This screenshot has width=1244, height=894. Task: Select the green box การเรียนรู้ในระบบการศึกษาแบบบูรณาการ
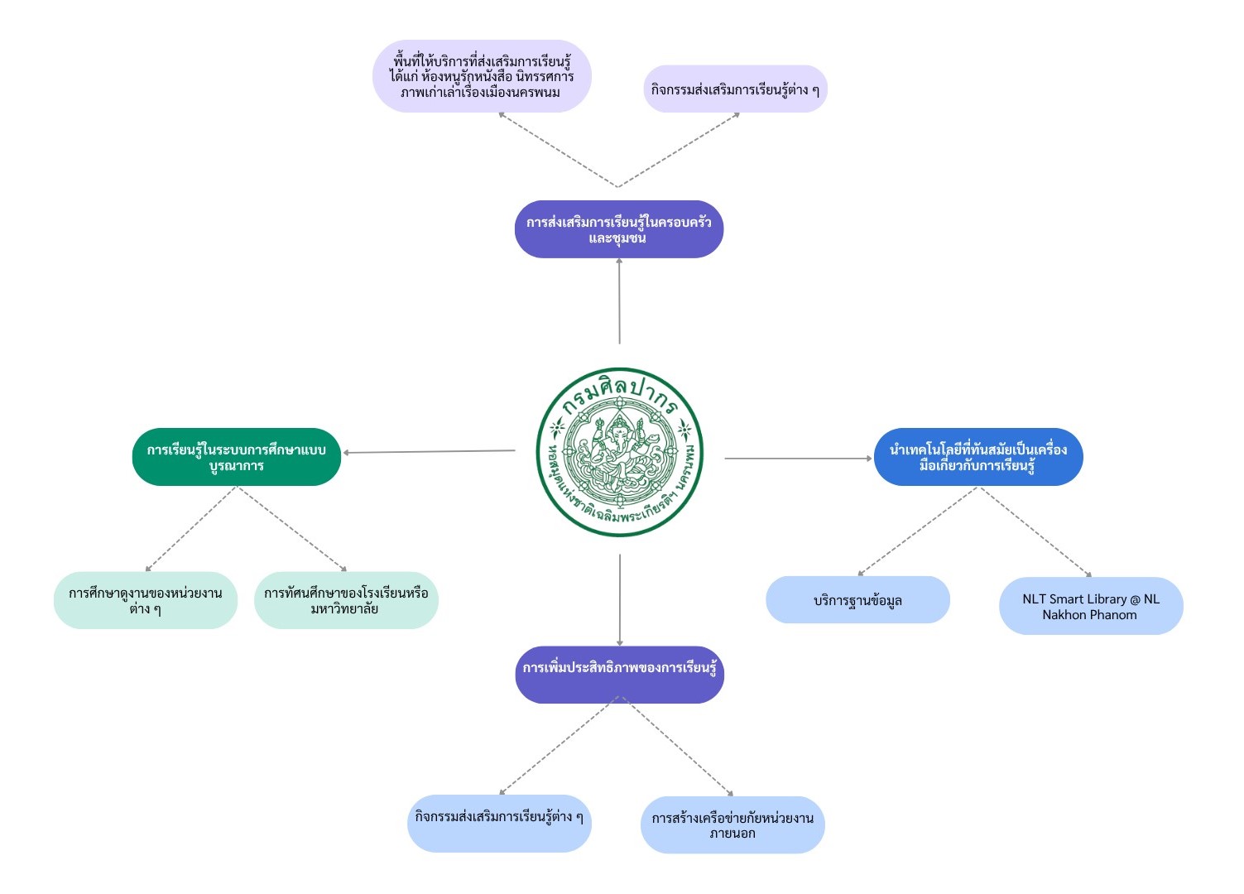[x=237, y=457]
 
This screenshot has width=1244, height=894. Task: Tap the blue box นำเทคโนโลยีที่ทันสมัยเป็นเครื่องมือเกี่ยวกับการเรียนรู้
[x=978, y=457]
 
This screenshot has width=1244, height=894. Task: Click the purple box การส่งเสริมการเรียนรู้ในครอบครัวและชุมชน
[x=619, y=229]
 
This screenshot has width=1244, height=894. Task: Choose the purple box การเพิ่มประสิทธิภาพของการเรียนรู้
[x=619, y=674]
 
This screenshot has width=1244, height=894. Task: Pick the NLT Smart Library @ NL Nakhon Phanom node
[x=1091, y=606]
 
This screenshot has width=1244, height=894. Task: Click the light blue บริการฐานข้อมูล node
[x=857, y=600]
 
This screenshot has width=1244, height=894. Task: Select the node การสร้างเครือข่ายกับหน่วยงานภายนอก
[x=732, y=824]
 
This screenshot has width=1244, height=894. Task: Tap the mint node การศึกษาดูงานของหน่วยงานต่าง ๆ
[x=146, y=600]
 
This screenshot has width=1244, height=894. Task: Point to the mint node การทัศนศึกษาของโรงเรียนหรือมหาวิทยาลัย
[x=346, y=600]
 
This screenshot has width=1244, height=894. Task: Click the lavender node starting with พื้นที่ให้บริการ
[x=482, y=76]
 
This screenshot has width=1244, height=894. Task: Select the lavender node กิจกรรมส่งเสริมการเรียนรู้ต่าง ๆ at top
[x=735, y=89]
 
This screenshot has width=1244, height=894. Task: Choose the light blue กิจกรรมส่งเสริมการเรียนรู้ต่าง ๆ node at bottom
[x=499, y=824]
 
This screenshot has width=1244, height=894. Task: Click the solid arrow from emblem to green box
[x=430, y=452]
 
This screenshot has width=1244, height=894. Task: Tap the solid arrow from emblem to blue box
[x=799, y=458]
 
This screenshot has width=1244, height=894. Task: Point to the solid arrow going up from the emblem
[x=619, y=302]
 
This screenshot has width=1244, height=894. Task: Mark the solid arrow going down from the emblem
[x=620, y=600]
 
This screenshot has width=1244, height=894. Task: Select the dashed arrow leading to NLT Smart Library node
[x=1035, y=531]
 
